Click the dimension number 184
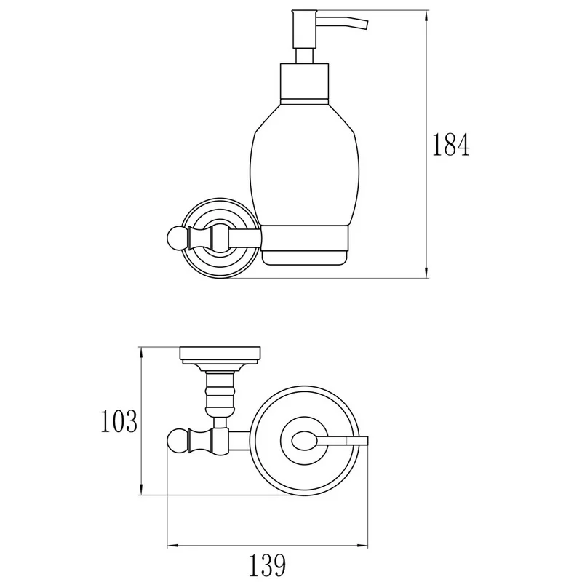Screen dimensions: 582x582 (451, 144)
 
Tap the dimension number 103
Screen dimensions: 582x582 (119, 421)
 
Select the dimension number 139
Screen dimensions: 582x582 (267, 565)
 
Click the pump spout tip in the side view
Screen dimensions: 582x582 (365, 24)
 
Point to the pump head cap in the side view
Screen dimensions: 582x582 (304, 30)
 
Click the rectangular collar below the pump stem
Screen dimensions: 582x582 (304, 81)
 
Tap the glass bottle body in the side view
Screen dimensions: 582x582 (304, 163)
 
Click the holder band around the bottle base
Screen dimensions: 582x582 (304, 239)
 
